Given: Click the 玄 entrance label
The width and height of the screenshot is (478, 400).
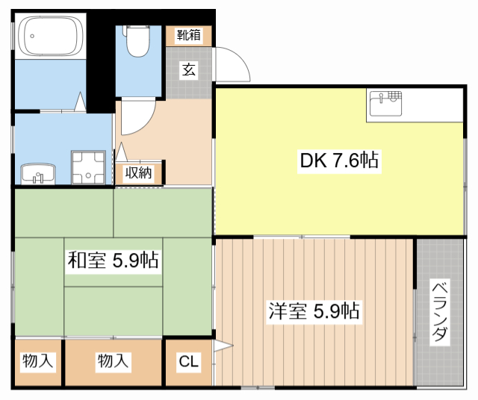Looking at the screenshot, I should tap(188, 70).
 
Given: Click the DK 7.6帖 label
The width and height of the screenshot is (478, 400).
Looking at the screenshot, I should tap(338, 160).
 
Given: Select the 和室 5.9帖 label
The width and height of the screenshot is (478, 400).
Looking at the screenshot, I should tap(112, 260).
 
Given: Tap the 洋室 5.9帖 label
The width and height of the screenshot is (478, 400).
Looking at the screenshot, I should tap(314, 310).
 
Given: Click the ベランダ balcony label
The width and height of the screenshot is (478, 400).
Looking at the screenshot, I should tap(440, 313).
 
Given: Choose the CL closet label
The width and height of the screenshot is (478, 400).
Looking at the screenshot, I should tap(188, 362).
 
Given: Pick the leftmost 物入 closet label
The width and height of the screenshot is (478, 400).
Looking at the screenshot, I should tap(37, 362).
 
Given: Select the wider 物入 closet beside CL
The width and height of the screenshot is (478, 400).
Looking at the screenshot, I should tap(113, 362).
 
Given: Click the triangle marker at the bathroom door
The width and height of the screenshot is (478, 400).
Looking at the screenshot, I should tap(80, 102).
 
